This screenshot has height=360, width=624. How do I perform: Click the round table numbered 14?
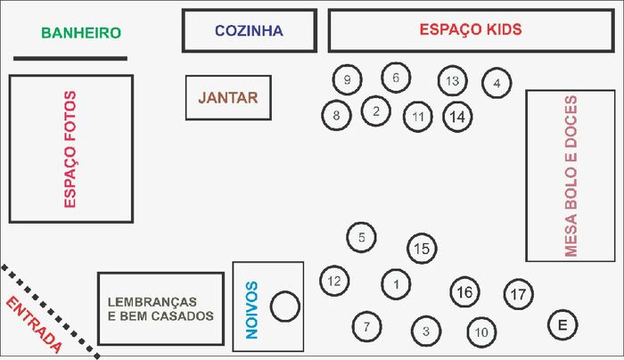(x=457, y=117)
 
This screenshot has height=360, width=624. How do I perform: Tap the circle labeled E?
(x=562, y=325)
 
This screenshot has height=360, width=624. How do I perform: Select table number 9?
(x=347, y=79)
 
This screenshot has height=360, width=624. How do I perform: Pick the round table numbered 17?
(x=518, y=294)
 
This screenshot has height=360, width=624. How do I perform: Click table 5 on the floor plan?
(x=361, y=237)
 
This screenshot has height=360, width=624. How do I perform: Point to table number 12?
(x=334, y=281)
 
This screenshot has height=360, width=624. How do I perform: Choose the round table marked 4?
(x=497, y=83)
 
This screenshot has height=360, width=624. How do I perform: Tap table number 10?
(x=481, y=332)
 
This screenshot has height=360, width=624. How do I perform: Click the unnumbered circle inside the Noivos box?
(x=285, y=307)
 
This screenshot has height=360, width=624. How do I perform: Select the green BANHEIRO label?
(x=81, y=33)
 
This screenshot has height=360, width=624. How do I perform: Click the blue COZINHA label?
(x=249, y=30)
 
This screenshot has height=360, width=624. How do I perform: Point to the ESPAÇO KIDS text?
(x=471, y=29)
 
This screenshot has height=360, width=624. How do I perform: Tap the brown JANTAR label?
(x=228, y=98)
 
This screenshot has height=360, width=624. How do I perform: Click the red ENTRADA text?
(x=34, y=324)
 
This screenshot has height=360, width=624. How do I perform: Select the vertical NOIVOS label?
(x=252, y=310)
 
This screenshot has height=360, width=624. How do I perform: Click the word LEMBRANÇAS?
(x=152, y=301)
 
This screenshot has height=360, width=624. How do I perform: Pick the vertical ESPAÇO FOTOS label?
(x=70, y=149)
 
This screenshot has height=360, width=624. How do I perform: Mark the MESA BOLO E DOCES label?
(x=571, y=176)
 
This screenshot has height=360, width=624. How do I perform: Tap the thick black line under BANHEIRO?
(x=70, y=59)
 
